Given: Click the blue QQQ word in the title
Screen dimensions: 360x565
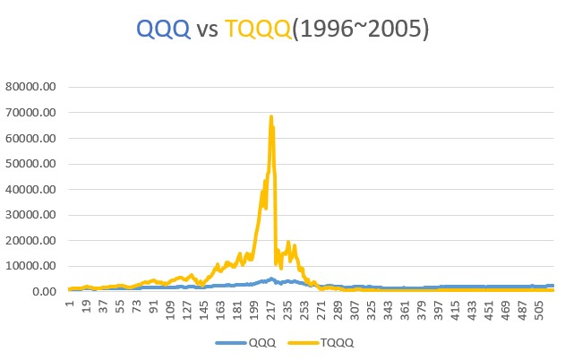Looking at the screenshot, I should (x=162, y=30).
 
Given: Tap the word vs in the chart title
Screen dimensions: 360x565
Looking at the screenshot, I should (x=208, y=30).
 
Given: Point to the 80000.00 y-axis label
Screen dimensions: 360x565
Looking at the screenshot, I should (x=30, y=88).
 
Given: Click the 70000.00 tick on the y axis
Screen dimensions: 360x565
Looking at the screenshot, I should (x=30, y=113).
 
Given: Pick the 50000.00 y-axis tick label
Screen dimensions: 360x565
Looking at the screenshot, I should (x=30, y=164).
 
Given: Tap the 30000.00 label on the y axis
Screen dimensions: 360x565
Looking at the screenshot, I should (x=30, y=215).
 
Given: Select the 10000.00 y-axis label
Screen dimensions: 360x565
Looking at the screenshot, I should (x=30, y=266).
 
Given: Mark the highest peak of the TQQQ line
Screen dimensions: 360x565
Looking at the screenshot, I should (x=270, y=116).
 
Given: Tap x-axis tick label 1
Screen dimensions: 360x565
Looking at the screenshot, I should (x=69, y=305).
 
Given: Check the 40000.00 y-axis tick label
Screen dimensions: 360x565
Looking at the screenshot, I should (x=30, y=190).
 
